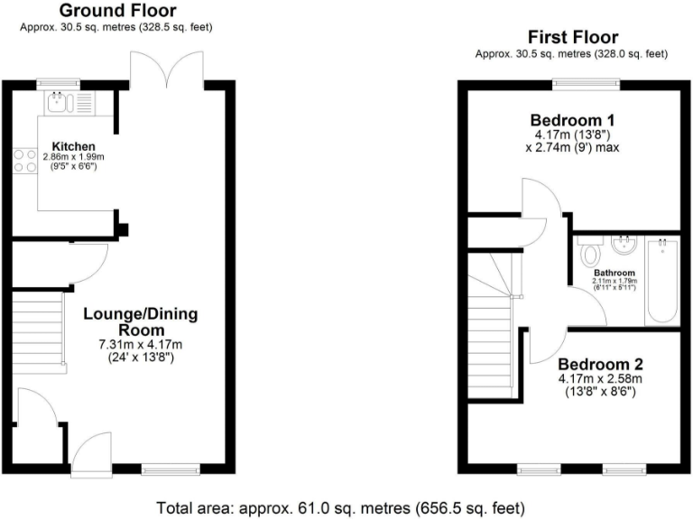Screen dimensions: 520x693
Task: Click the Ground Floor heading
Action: [118, 11]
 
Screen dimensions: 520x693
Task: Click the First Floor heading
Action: [573, 37]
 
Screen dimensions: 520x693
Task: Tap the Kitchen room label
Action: [73, 146]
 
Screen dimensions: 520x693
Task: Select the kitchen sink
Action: [60, 101]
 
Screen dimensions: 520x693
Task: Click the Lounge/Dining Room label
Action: [140, 321]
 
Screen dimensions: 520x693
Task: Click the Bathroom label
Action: [614, 273]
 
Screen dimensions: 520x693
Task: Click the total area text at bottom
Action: [340, 507]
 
